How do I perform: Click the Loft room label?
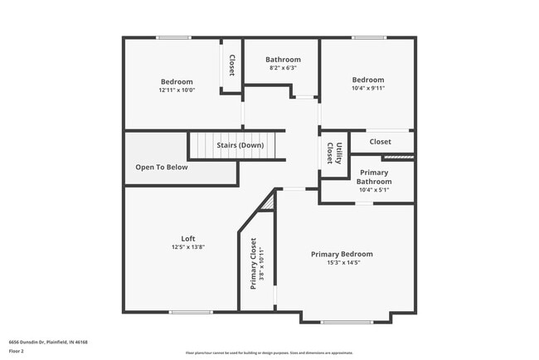pos(187,238)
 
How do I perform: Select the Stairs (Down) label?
pos(240,145)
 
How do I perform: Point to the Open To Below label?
pos(162,167)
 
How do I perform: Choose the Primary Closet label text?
pos(254,264)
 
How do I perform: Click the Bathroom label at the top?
pos(283,60)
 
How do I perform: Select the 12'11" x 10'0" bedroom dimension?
pos(177,90)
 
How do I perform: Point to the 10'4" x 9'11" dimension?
pos(368,88)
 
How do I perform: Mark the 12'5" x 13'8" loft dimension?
pos(187,246)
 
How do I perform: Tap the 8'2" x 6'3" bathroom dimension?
pos(283,68)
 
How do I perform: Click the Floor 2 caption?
pos(17,351)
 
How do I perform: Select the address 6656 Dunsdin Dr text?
pos(48,342)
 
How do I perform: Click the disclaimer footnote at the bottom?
pos(269,352)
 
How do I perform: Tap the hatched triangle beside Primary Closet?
pos(267,202)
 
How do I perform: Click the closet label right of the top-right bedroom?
pos(380,142)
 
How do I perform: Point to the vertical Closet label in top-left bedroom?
pos(231,66)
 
